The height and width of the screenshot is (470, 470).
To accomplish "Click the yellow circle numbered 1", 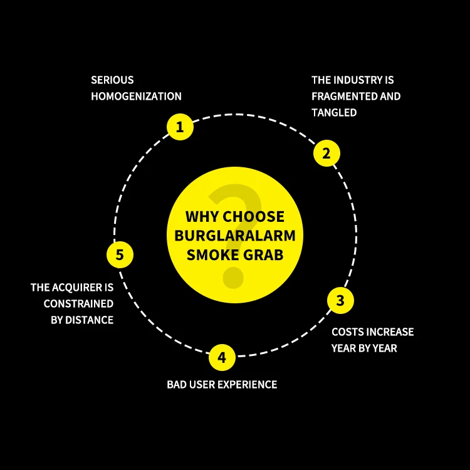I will [x=180, y=128].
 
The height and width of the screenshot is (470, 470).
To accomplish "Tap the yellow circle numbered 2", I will [x=326, y=153].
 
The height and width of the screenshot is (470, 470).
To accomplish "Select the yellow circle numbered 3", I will [x=340, y=301].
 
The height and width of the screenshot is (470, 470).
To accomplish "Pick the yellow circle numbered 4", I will [x=222, y=358].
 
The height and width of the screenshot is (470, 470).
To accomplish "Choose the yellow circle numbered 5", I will [x=120, y=255].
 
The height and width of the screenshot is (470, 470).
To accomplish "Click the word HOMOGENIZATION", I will [x=136, y=97].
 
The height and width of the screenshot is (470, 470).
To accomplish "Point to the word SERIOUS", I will [x=112, y=80].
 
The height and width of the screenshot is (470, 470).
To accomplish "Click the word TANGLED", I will [x=334, y=113].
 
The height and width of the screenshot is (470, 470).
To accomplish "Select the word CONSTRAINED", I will [x=78, y=304].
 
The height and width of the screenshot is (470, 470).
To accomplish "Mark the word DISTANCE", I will [x=91, y=320].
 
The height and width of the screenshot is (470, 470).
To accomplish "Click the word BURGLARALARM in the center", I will [x=235, y=237].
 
